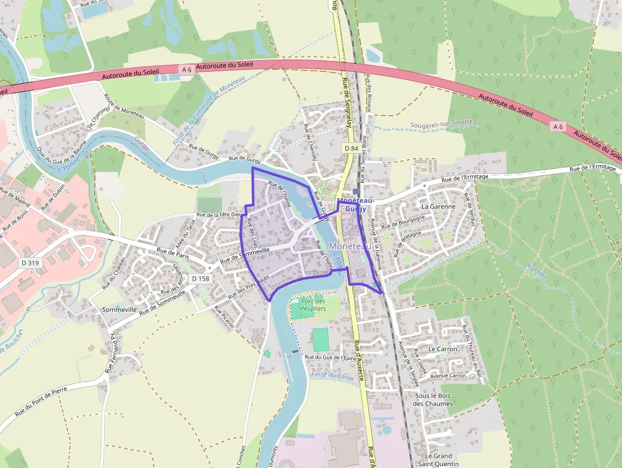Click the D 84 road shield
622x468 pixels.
click(351, 148)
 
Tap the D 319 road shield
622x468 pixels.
click(28, 262)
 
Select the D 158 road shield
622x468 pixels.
click(200, 279)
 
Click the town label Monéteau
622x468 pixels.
click(349, 246)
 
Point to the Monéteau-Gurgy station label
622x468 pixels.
click(356, 204)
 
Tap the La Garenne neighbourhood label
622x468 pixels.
click(439, 206)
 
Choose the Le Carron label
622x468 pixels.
click(442, 349)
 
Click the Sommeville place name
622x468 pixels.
click(119, 309)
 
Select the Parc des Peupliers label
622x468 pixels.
click(313, 304)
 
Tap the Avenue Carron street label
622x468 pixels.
click(448, 376)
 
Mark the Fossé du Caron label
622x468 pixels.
click(333, 375)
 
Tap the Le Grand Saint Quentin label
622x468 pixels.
click(439, 460)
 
